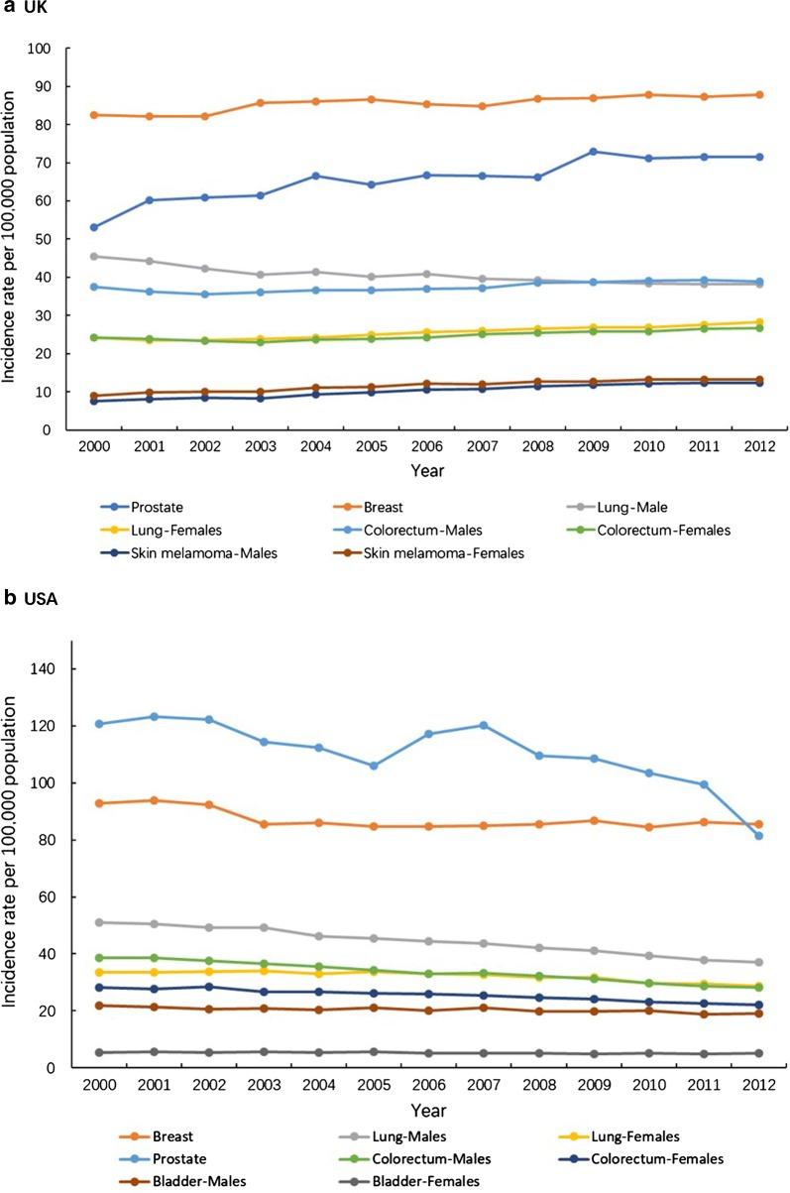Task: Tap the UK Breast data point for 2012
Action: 759,95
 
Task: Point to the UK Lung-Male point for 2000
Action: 94,256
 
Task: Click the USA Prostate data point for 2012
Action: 759,836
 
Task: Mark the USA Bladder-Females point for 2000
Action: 94,1052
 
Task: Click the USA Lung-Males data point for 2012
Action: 759,962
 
